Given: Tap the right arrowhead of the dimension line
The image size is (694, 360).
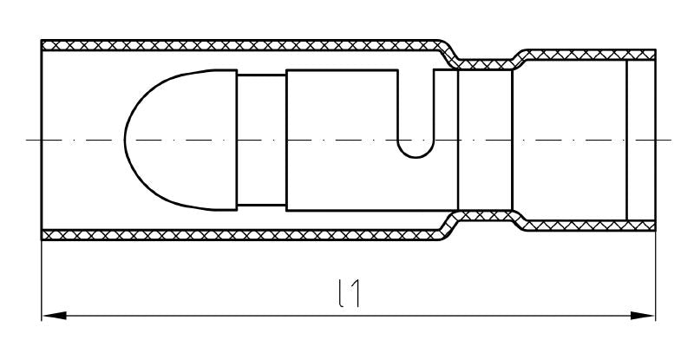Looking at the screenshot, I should [647, 316].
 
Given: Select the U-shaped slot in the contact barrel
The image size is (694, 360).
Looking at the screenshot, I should [415, 130].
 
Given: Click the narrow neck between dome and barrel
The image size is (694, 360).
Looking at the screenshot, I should [261, 139].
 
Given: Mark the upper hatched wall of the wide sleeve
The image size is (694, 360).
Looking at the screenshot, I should [243, 44].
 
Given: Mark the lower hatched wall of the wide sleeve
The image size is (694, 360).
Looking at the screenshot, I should [243, 233].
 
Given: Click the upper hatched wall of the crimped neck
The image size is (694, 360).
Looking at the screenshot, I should [485, 62].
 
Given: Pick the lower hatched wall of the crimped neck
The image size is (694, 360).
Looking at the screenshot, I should [485, 216].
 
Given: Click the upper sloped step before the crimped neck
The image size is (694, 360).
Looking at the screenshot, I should [448, 51].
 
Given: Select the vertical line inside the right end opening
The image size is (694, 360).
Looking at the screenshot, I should [626, 139].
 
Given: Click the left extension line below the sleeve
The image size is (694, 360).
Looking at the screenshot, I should [42, 278].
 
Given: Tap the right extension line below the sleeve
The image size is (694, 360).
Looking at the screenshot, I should [656, 278].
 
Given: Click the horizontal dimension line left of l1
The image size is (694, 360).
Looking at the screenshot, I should [191, 316].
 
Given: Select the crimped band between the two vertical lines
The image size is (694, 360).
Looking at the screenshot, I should [485, 139].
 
